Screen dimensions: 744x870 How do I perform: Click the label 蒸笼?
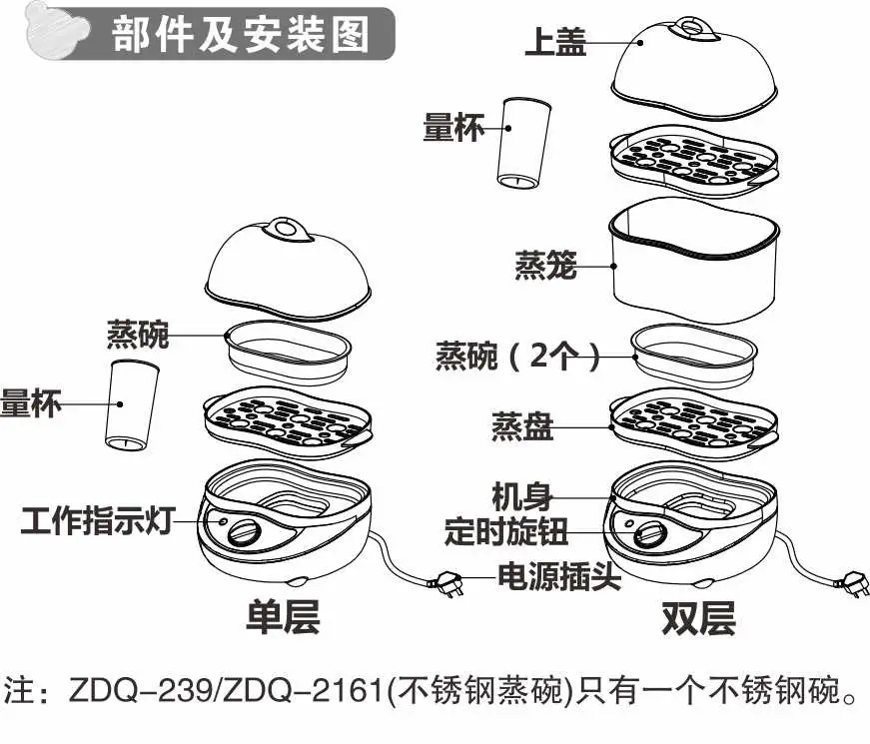tap(545, 266)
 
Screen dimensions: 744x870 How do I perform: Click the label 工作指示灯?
tap(98, 520)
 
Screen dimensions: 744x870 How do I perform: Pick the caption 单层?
tap(283, 616)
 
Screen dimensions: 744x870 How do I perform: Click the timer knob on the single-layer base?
tap(243, 531)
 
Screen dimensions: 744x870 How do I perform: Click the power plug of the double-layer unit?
tap(854, 581)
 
